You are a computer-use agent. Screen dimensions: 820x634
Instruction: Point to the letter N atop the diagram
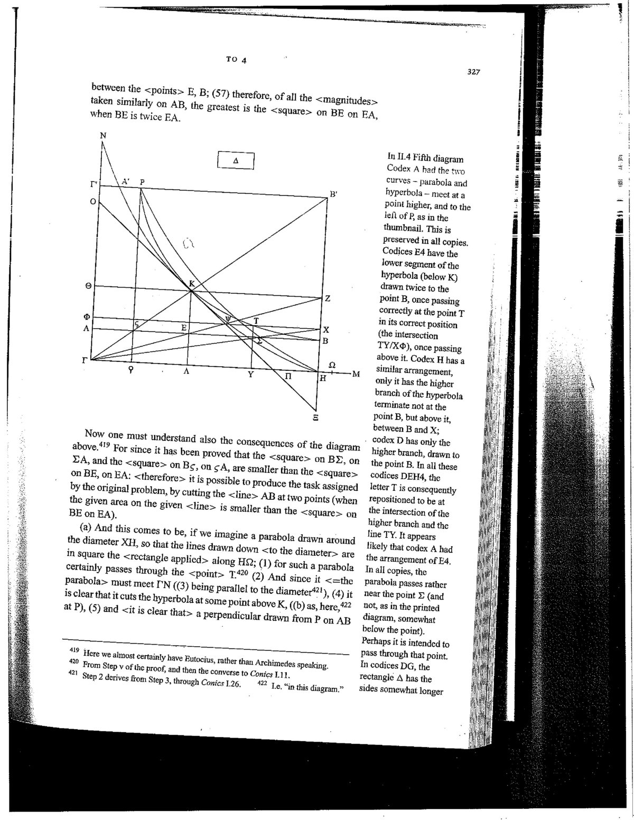tap(103, 136)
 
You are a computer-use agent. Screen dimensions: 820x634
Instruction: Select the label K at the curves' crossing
tap(192, 284)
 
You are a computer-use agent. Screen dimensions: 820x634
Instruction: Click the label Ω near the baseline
tap(332, 365)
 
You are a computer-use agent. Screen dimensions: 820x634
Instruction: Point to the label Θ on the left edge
tap(88, 286)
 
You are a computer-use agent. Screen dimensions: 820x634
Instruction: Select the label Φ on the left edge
tap(88, 316)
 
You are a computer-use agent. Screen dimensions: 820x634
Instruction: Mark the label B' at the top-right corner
tap(333, 194)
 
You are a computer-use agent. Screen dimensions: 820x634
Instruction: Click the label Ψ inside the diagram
tap(229, 319)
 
